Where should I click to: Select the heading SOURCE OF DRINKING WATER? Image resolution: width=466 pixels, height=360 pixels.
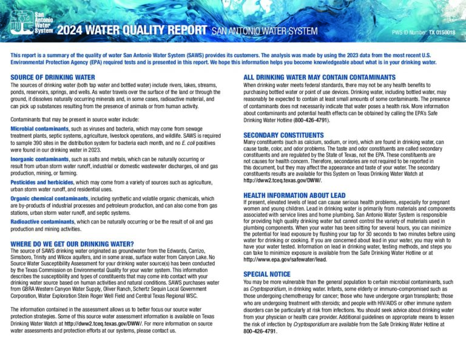tap(53, 77)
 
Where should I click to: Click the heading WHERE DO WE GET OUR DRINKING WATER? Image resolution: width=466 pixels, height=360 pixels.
tap(72, 243)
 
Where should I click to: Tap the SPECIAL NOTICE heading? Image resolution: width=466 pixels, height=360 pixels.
tap(267, 274)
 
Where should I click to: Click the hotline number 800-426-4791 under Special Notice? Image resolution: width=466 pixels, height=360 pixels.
tap(260, 331)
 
